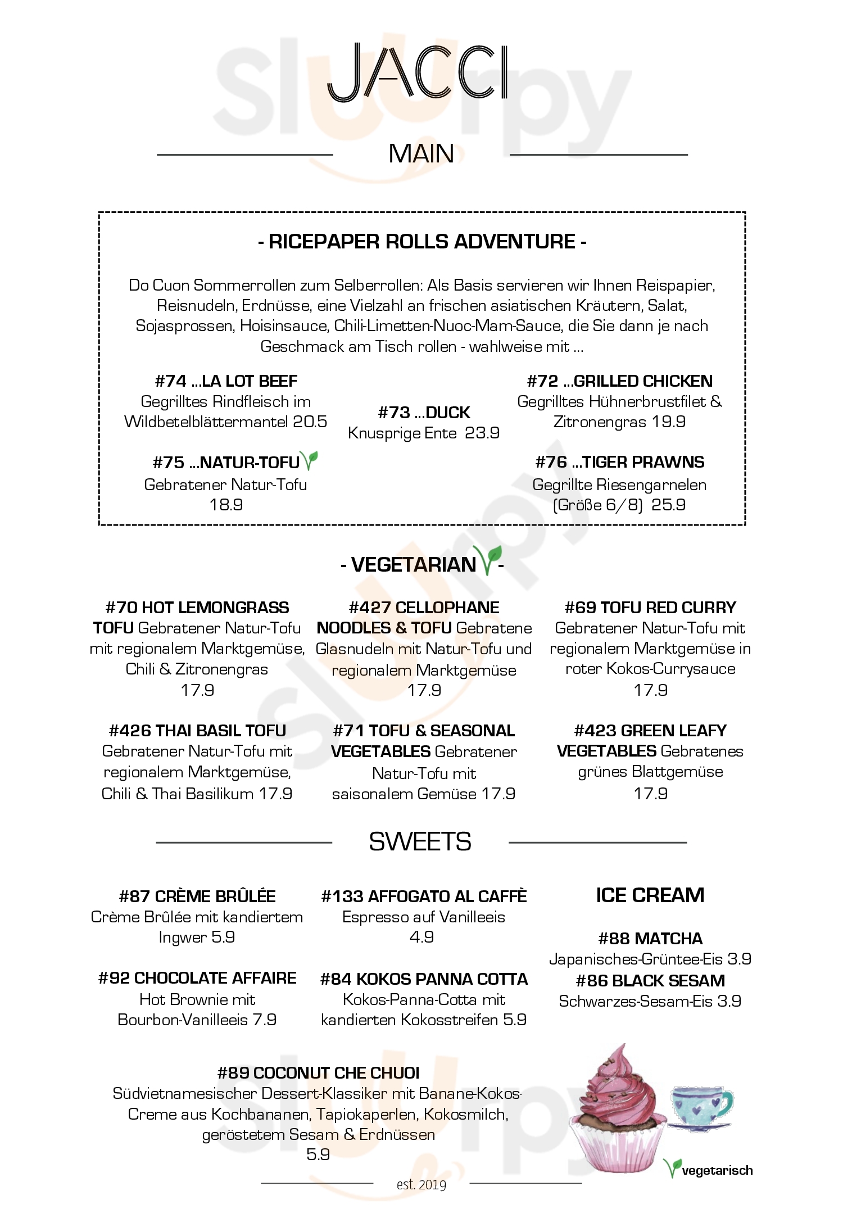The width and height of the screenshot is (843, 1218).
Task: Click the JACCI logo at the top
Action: point(418,73)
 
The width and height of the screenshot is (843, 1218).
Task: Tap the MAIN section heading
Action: point(422,154)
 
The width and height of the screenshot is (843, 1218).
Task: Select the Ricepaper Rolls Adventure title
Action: point(422,242)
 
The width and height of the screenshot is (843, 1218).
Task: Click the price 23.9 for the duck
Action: point(482,433)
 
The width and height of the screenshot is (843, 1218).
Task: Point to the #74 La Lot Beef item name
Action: point(226,381)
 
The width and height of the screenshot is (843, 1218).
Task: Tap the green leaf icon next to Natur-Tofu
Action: point(309,460)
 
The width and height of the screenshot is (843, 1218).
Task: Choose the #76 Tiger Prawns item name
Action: point(620,462)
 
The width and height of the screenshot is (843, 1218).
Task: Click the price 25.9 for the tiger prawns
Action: point(668,505)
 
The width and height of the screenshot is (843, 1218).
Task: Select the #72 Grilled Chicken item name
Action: point(620,381)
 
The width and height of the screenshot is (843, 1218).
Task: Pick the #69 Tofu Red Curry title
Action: point(650,608)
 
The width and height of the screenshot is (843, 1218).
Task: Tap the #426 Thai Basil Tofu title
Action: point(197,731)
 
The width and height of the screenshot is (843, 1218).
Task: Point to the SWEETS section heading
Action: point(420,841)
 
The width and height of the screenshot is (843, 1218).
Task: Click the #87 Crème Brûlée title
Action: point(197,896)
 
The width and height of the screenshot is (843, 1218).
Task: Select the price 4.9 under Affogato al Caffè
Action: point(422,937)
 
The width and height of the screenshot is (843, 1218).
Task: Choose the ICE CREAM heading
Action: point(650,895)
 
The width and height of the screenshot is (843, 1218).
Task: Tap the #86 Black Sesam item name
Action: point(650,981)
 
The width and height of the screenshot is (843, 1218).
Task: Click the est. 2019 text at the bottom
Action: point(422,1185)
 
